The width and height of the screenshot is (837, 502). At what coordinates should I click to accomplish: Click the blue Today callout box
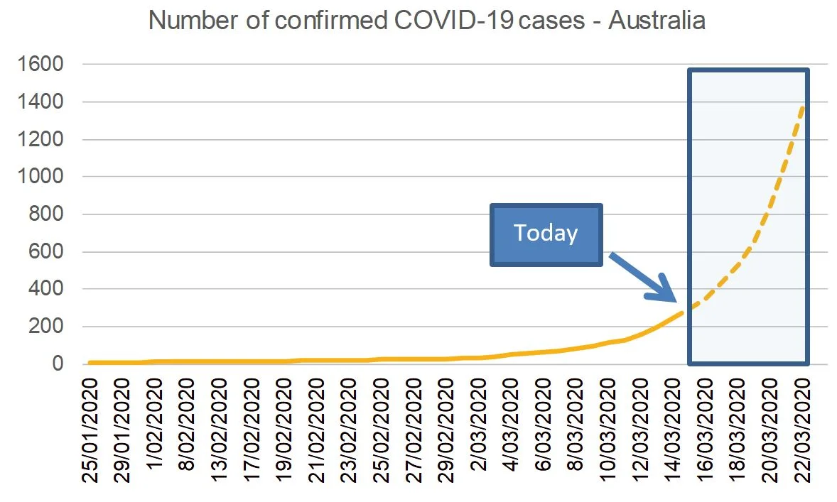(546, 234)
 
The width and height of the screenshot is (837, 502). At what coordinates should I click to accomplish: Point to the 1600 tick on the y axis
(43, 65)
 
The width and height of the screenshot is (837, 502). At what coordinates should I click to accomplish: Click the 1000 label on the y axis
(43, 177)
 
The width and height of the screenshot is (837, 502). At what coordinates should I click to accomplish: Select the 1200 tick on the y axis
(43, 139)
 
